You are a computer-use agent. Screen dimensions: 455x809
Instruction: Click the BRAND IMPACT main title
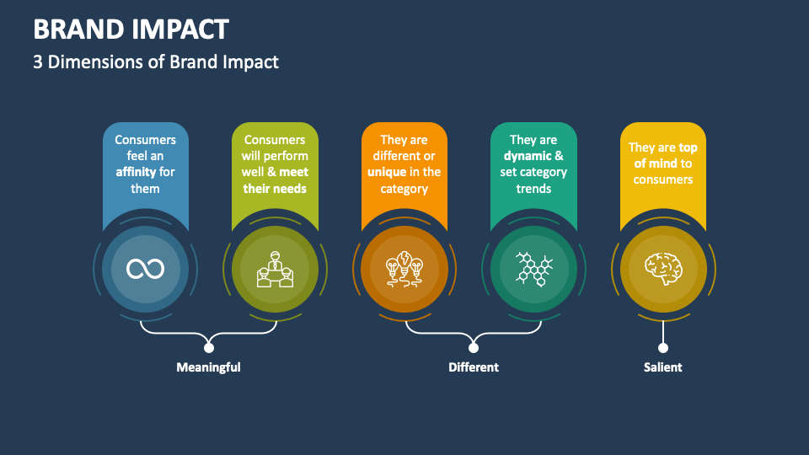(131, 29)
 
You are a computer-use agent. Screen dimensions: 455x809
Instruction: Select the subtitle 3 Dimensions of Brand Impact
(156, 62)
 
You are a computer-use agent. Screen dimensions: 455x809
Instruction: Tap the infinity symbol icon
(145, 269)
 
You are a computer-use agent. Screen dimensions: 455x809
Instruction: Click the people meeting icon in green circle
(275, 269)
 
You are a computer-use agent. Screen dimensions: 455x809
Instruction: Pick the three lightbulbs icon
(404, 269)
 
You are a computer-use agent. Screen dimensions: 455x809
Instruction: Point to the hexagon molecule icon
(533, 269)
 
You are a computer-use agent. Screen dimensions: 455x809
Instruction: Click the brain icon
(662, 269)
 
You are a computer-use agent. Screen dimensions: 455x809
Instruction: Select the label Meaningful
(208, 367)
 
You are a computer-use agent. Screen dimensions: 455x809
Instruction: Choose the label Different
(473, 367)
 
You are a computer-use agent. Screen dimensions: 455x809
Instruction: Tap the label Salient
(662, 367)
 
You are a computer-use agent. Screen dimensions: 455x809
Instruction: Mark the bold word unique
(387, 173)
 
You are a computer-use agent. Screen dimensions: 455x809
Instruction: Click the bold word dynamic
(527, 156)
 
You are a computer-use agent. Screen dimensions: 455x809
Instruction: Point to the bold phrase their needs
(275, 189)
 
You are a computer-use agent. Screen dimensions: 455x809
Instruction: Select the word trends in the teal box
(533, 189)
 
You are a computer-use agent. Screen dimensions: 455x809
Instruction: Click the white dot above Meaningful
(209, 347)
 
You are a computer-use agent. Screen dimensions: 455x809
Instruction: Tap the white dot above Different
(473, 347)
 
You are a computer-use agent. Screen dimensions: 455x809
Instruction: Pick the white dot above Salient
(662, 347)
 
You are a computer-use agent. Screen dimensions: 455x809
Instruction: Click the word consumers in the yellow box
(662, 179)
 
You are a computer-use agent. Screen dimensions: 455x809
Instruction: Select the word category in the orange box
(404, 189)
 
